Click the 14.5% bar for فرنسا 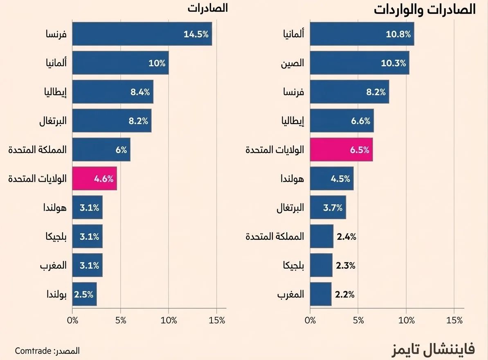point(142,34)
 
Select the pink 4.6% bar point(94,178)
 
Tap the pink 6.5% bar point(341,149)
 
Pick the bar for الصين point(360,63)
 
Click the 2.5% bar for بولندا point(84,294)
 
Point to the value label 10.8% point(398,34)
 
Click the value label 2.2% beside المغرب point(345,294)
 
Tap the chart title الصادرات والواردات point(425,9)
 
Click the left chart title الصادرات point(207,8)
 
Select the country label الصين point(292,63)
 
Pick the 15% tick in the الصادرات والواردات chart point(455,321)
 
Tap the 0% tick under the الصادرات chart point(72,321)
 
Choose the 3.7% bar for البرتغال point(328,207)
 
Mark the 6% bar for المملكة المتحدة point(101,149)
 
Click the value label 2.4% point(346,236)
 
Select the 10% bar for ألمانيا point(120,63)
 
